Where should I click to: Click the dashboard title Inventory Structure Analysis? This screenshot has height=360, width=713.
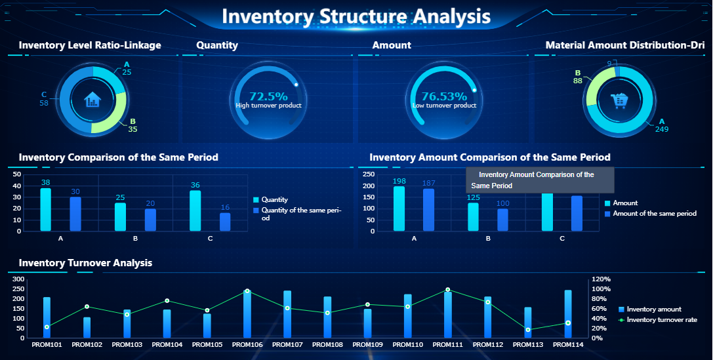356,16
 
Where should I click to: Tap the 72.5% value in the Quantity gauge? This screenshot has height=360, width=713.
268,96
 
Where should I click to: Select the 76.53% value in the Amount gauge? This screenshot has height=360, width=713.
444,96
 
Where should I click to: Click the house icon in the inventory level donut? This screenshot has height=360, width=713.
92,100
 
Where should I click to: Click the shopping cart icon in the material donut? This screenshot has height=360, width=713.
619,100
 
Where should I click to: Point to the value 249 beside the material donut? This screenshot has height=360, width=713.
661,129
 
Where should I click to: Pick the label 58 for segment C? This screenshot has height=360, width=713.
44,103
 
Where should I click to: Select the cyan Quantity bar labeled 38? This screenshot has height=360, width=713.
45,209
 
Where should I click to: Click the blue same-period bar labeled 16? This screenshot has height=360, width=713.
225,222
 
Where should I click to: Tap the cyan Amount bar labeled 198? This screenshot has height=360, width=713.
399,209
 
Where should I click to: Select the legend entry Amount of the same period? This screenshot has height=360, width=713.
654,214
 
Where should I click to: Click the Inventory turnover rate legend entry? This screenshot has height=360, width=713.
661,320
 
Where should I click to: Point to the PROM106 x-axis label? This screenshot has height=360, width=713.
247,344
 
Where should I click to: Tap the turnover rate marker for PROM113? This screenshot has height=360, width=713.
528,330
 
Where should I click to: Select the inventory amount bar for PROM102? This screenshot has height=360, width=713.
87,328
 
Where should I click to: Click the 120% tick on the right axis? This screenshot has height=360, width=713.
601,279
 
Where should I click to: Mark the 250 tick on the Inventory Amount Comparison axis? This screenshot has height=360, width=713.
368,175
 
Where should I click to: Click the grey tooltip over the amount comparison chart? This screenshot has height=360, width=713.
539,180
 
